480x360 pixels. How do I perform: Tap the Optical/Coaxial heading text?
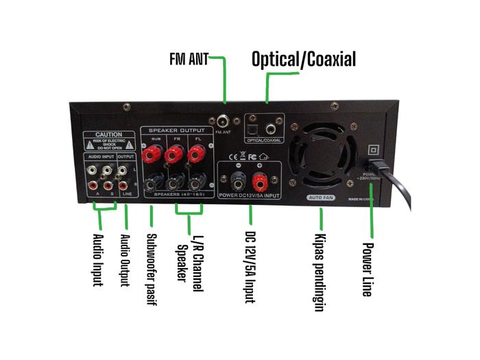tap(304, 59)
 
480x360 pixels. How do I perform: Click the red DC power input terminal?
tap(260, 181)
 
